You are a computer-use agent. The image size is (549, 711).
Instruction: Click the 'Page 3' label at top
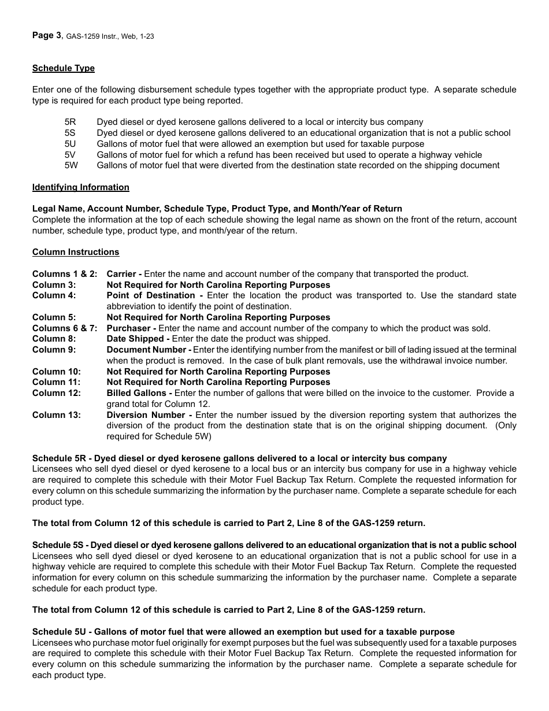(x=47, y=36)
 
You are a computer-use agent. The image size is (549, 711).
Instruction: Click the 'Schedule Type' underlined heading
(x=64, y=68)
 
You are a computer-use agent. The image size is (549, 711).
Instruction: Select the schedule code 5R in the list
(x=71, y=122)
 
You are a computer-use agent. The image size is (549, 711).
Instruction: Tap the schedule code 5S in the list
(x=71, y=133)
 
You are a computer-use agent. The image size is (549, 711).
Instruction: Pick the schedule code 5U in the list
(x=71, y=144)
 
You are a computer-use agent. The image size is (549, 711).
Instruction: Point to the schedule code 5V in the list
(x=71, y=155)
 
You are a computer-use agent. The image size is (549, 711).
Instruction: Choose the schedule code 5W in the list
(x=71, y=165)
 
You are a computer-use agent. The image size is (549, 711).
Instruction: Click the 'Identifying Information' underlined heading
(x=81, y=187)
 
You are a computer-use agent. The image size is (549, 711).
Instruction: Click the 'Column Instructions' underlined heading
(x=76, y=252)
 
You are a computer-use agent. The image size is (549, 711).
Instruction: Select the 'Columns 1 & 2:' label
(x=65, y=274)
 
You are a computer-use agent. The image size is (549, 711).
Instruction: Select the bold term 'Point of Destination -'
(x=154, y=295)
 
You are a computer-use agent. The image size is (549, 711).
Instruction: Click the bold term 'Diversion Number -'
(x=150, y=415)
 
